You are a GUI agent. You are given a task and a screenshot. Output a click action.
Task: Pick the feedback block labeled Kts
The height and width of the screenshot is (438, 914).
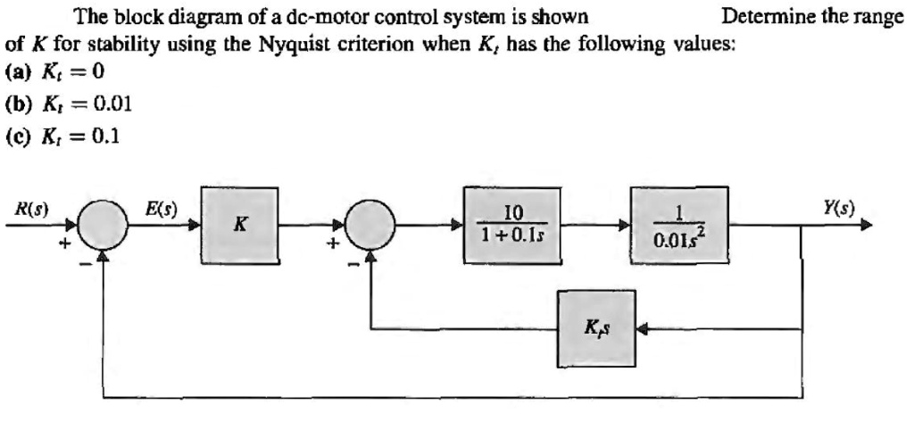(596, 328)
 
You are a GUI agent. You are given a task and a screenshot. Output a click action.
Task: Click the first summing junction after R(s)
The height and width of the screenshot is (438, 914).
(104, 227)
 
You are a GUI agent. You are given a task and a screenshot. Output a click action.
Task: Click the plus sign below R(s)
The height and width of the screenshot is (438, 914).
(64, 242)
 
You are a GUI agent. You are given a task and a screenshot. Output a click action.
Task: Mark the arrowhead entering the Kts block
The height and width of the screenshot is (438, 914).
(642, 328)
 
